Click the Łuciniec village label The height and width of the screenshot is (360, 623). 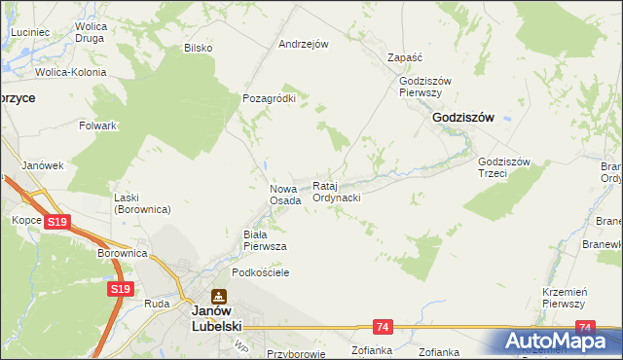click(x=30, y=32)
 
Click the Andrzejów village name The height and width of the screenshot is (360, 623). click(x=304, y=44)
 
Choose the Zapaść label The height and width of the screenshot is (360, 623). click(x=403, y=57)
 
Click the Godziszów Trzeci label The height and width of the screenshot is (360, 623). click(x=503, y=167)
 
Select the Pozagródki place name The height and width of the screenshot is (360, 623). click(x=269, y=98)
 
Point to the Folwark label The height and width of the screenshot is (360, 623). click(x=98, y=126)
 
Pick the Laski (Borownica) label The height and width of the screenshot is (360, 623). click(x=142, y=202)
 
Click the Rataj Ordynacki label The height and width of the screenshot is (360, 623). click(x=337, y=192)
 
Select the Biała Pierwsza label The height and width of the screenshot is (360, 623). click(x=264, y=240)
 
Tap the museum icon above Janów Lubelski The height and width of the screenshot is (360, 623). click(x=219, y=296)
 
